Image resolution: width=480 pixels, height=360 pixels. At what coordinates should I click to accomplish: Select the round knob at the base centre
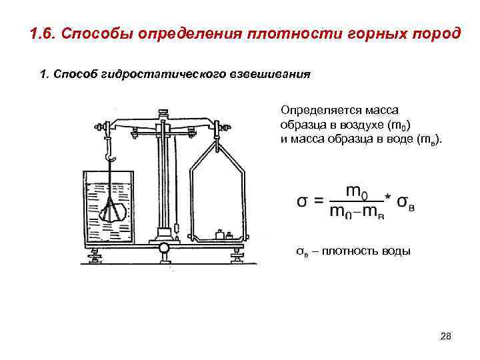pyautogui.click(x=164, y=249)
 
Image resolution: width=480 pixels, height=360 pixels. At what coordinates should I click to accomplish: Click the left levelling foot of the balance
pyautogui.click(x=95, y=255)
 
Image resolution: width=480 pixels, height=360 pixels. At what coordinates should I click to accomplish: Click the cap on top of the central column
pyautogui.click(x=162, y=111)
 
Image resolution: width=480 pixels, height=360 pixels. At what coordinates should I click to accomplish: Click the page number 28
pyautogui.click(x=446, y=337)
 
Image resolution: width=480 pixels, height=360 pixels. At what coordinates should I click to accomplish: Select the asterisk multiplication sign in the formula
pyautogui.click(x=387, y=193)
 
